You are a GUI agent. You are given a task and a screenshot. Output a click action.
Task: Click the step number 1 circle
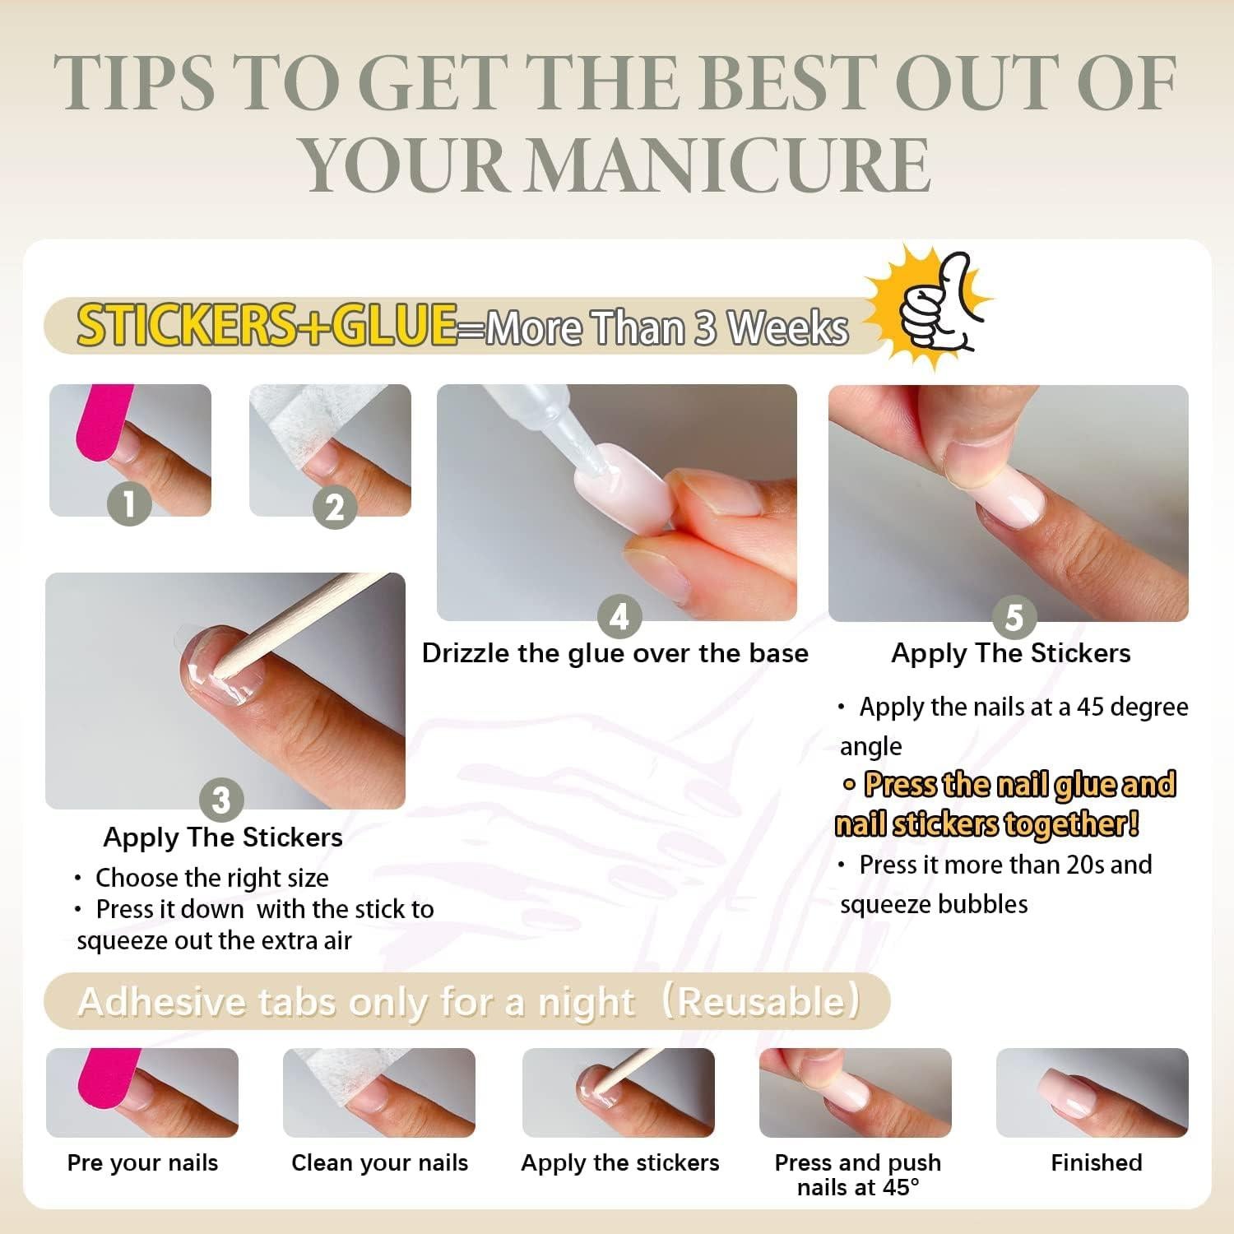pos(130,503)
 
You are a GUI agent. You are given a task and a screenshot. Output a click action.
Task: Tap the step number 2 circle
pos(334,507)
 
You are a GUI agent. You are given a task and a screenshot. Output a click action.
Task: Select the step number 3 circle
pos(221,799)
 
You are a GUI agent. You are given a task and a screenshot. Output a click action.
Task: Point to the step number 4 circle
pos(619,616)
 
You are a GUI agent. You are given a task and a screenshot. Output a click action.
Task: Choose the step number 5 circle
pos(1014,616)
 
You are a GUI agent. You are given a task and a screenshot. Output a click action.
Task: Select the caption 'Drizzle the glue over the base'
pos(615,653)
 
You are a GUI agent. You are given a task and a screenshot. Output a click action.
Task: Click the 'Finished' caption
pos(1096,1162)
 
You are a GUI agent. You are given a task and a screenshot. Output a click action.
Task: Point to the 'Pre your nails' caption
pos(142,1163)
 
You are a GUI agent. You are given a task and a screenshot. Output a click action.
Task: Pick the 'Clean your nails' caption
pos(379,1163)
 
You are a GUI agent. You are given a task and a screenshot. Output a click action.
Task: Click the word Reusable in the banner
pos(760,1001)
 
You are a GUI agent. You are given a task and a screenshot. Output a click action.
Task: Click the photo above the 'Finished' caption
pos(1092,1093)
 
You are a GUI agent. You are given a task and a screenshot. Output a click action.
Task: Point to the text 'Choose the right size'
pos(211,878)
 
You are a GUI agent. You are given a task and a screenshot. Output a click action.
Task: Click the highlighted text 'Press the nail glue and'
pos(1018,784)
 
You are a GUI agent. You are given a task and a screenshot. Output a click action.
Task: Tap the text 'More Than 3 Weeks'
pos(666,327)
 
